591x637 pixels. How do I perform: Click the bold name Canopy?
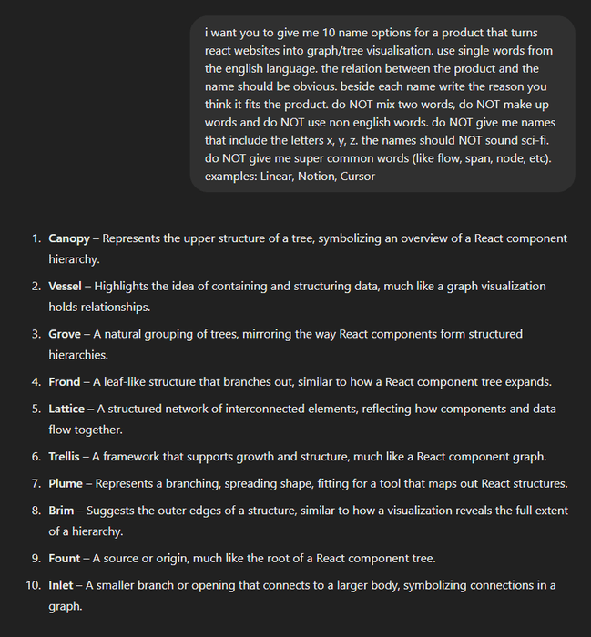(69, 238)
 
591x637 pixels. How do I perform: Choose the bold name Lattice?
(66, 409)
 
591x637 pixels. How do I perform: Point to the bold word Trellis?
(66, 457)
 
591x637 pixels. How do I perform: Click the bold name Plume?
(66, 483)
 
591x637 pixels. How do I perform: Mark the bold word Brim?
(62, 511)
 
